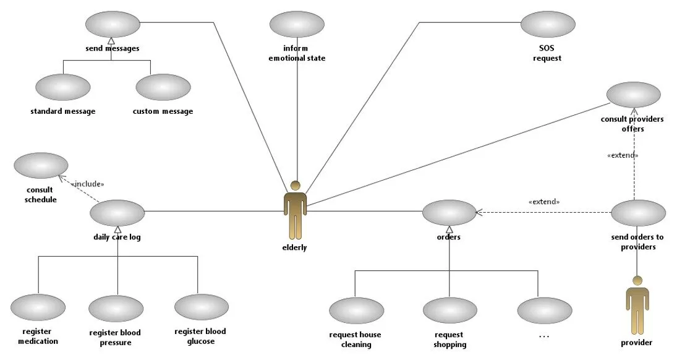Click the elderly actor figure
296,211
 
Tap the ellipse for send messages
113,25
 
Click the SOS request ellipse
547,25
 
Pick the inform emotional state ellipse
297,25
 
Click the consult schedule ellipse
41,166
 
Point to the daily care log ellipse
117,213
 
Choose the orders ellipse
449,213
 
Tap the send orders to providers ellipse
638,213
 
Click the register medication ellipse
38,307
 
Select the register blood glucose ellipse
201,307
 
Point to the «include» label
88,184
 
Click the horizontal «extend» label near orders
544,202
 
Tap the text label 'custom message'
163,112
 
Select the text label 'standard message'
63,112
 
